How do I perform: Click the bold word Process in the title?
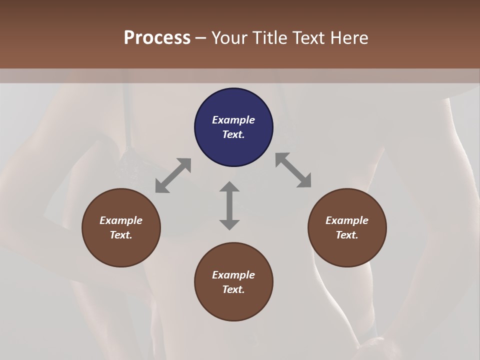click(x=157, y=38)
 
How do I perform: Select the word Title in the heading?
click(x=270, y=38)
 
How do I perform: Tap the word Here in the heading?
click(x=348, y=38)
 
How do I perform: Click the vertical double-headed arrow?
click(x=229, y=205)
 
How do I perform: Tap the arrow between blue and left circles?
click(x=173, y=175)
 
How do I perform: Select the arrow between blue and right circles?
click(x=293, y=170)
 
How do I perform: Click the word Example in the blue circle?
click(x=233, y=120)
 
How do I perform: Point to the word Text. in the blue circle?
click(x=233, y=134)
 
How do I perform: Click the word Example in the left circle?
click(x=121, y=220)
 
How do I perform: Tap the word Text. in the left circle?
click(x=121, y=235)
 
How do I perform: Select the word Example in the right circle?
click(x=347, y=220)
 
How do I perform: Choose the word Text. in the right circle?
click(x=347, y=235)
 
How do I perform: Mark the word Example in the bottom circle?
click(x=233, y=275)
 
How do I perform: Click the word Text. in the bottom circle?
click(x=233, y=289)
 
